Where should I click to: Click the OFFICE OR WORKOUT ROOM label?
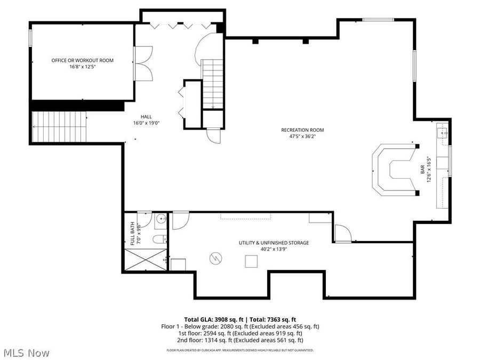pos(82,60)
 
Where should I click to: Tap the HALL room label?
pos(146,117)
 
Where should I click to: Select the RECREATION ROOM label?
pos(302,130)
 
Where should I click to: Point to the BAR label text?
pos(422,169)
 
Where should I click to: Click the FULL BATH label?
pos(132,233)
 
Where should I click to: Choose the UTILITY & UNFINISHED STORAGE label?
pos(274,243)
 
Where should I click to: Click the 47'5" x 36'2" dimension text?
pos(302,137)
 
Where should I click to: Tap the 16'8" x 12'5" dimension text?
pos(82,67)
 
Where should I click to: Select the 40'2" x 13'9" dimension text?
pos(274,249)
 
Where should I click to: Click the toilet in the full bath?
pos(159,239)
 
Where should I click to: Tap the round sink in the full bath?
pos(161,219)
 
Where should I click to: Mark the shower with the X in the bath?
pos(146,260)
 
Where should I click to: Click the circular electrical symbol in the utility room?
pos(216,259)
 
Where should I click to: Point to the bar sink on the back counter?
pos(442,133)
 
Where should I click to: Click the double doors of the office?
pos(143,63)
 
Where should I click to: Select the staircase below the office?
pos(59,126)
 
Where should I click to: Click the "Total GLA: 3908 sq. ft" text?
pos(214,320)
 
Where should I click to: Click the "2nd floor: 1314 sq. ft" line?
pos(240,340)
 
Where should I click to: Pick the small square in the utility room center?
pos(251,261)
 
